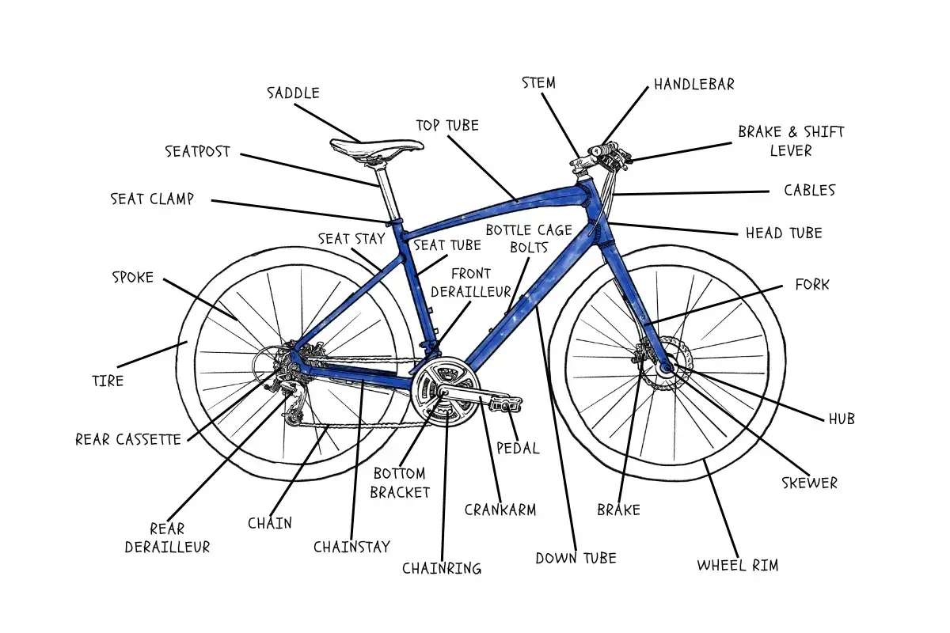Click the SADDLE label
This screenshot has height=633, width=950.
[293, 93]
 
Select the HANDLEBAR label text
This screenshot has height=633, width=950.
[694, 84]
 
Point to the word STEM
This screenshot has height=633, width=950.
[539, 83]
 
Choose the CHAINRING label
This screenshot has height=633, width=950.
[442, 568]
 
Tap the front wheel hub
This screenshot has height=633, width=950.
[663, 366]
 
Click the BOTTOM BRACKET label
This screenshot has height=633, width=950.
[401, 483]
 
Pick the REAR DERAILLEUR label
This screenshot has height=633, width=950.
[168, 538]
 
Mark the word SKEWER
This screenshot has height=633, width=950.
[809, 483]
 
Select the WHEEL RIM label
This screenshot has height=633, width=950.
[738, 565]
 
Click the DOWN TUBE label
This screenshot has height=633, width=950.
[576, 558]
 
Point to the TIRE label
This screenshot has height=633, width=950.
[108, 381]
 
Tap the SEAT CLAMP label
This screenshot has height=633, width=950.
[152, 199]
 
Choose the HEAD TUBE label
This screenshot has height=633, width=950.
[784, 233]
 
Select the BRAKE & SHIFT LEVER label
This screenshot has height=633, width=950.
[791, 141]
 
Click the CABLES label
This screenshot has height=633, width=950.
[809, 191]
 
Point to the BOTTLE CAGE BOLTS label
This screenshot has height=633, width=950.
[529, 238]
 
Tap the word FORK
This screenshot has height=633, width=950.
[812, 284]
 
